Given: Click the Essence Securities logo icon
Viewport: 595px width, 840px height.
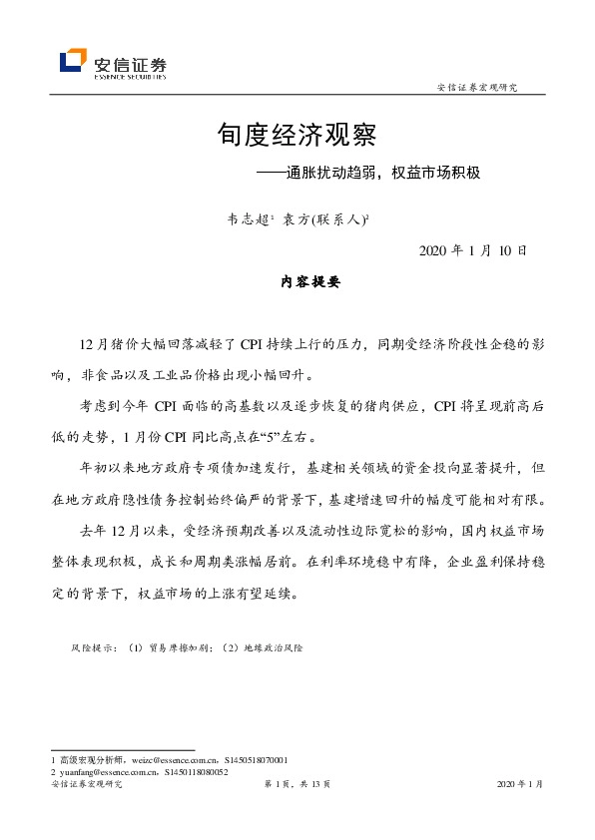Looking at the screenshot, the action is [x=74, y=62].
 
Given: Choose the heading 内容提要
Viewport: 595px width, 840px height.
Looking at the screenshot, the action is [x=310, y=282].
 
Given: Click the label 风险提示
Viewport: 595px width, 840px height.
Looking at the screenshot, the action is [x=93, y=647].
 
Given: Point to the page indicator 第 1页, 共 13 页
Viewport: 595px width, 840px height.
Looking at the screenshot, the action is [x=297, y=786].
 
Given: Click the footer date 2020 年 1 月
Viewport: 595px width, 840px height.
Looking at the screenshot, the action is [x=519, y=786].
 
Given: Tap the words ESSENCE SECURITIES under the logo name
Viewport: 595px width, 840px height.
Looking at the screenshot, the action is [x=130, y=74].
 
